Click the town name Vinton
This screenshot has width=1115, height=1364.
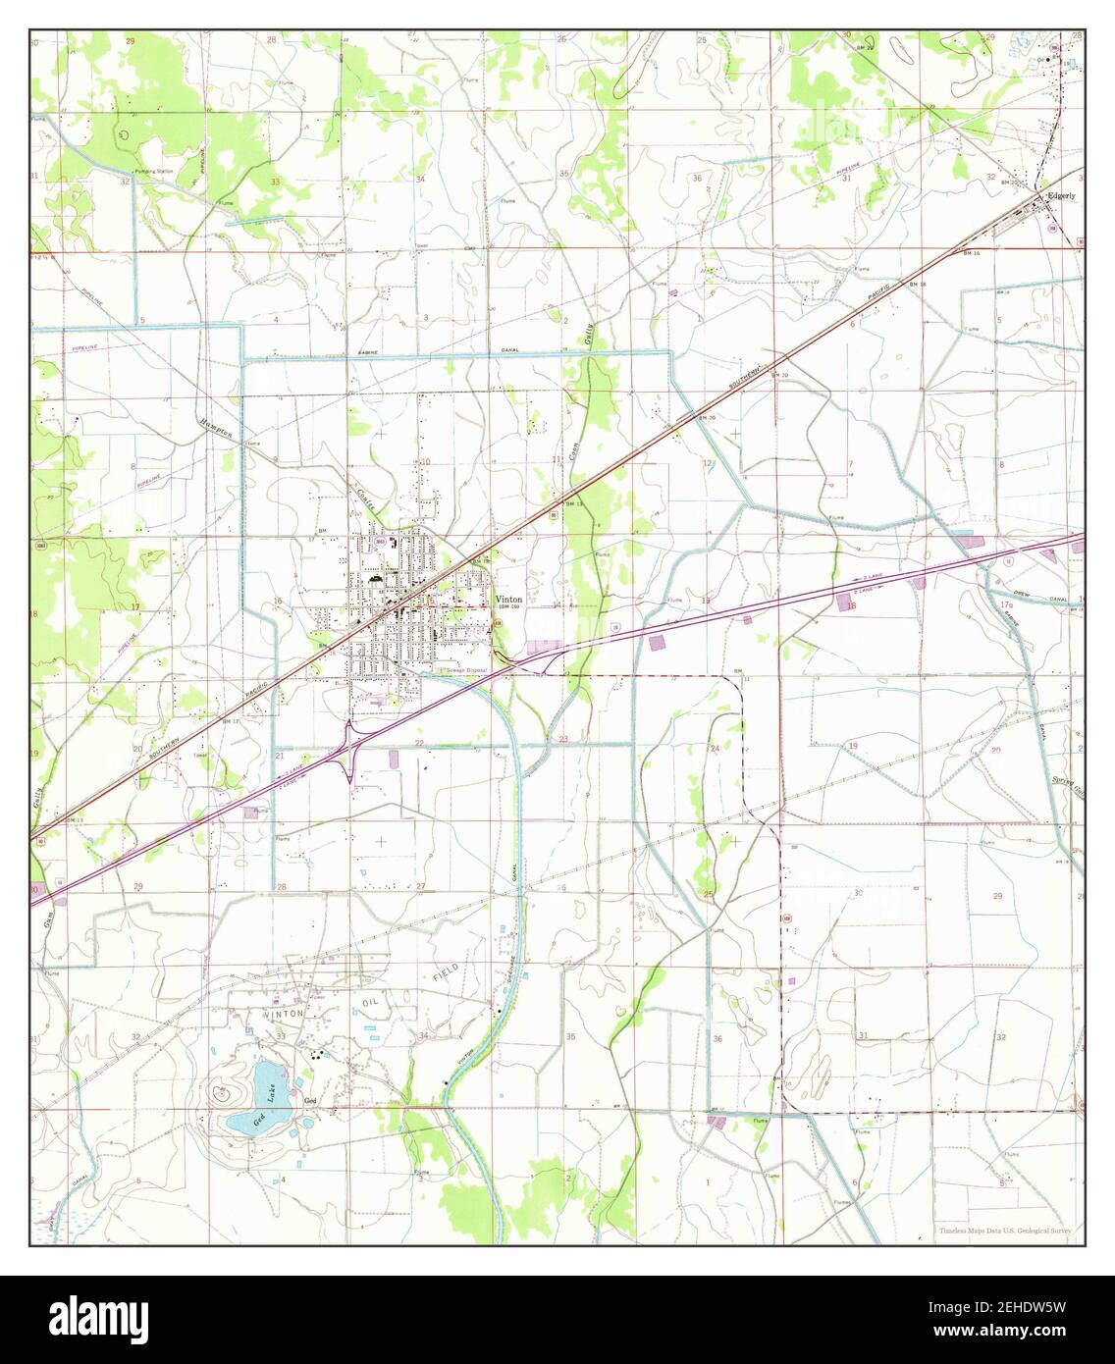(x=508, y=599)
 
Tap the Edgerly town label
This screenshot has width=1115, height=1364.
(x=1061, y=195)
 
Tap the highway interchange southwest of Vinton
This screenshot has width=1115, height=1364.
(x=349, y=754)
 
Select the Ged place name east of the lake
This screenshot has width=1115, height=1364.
(x=311, y=1101)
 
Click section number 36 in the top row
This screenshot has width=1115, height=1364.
(x=697, y=178)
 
